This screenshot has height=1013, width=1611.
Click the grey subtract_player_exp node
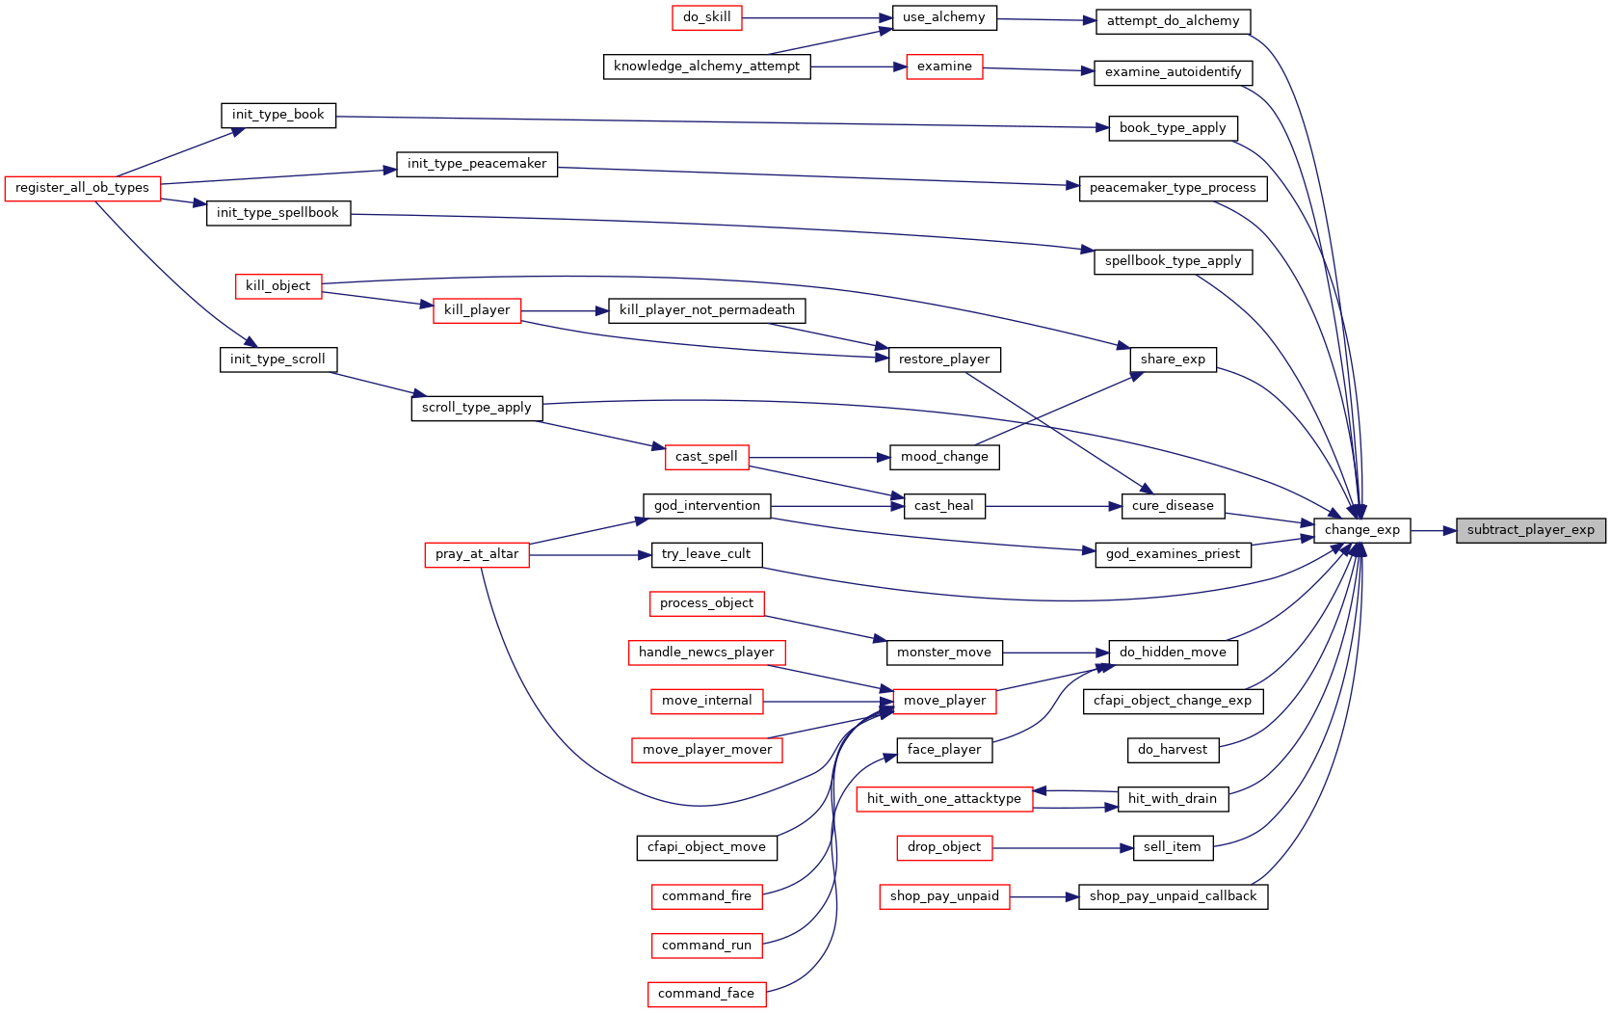pyautogui.click(x=1530, y=530)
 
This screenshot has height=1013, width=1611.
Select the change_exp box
pyautogui.click(x=1361, y=530)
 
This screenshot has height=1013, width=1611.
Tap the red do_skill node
pyautogui.click(x=706, y=17)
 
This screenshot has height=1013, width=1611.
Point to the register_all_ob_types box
pyautogui.click(x=82, y=189)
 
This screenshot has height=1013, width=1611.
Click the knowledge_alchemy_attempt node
pyautogui.click(x=706, y=67)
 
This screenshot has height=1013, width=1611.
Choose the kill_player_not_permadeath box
pyautogui.click(x=706, y=310)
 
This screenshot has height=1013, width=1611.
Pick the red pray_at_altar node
pyautogui.click(x=477, y=555)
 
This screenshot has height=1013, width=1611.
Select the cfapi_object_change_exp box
pyautogui.click(x=1173, y=702)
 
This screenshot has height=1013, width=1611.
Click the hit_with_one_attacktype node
pyautogui.click(x=944, y=799)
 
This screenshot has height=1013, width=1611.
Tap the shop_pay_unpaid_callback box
pyautogui.click(x=1173, y=896)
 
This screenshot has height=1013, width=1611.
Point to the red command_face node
pyautogui.click(x=706, y=995)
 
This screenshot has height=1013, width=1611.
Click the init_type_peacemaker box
pyautogui.click(x=477, y=164)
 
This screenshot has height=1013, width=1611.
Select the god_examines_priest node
pyautogui.click(x=1173, y=555)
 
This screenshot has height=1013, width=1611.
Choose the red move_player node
pyautogui.click(x=944, y=702)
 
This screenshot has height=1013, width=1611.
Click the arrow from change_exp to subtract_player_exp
pyautogui.click(x=1434, y=531)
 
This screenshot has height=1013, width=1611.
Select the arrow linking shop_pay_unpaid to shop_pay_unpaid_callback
pyautogui.click(x=1044, y=897)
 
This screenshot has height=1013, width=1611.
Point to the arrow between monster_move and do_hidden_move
pyautogui.click(x=1056, y=653)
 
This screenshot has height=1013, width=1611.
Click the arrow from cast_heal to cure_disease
pyautogui.click(x=1054, y=507)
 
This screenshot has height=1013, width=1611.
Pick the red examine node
pyautogui.click(x=944, y=67)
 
